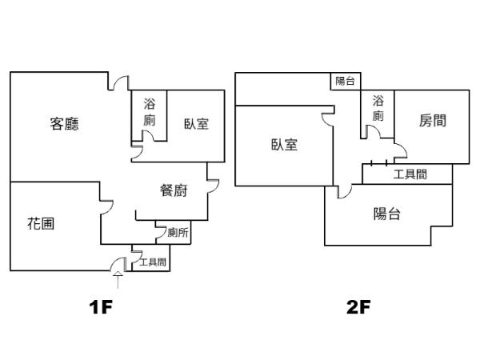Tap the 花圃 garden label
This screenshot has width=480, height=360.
tap(41, 223)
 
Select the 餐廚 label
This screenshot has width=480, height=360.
tap(174, 190)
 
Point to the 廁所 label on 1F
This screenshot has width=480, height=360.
tap(178, 234)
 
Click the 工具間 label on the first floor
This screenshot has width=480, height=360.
tap(152, 262)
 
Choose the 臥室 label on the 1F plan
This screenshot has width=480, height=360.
tap(196, 124)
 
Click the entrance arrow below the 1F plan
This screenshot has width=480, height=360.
tap(118, 279)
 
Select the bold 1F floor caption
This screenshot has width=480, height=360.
tap(104, 307)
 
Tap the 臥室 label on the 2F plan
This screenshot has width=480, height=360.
tap(284, 145)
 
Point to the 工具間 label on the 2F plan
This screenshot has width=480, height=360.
tap(410, 174)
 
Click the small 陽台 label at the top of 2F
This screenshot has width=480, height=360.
tap(346, 81)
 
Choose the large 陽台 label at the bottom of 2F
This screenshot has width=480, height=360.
tap(387, 214)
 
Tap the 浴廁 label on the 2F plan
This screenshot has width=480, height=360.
tap(378, 109)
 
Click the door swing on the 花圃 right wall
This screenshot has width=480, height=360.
tap(106, 206)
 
